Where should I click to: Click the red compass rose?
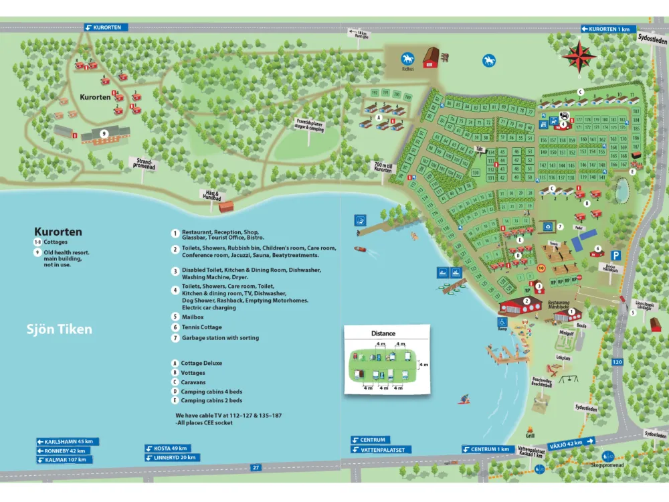(579, 56)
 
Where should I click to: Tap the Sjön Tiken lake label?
(59, 329)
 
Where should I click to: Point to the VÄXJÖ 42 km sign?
(571, 442)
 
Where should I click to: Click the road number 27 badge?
(256, 467)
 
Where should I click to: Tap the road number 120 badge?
(616, 361)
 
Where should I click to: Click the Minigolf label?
(566, 331)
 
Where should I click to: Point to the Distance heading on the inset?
(383, 333)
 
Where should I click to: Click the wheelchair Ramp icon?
(502, 321)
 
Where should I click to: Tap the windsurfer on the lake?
(463, 400)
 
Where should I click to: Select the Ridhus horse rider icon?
(407, 59)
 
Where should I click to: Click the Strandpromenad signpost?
(144, 163)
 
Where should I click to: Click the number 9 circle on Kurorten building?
(104, 134)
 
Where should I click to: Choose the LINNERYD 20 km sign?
(171, 457)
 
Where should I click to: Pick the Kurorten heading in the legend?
(58, 232)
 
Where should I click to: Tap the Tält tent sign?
(479, 149)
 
